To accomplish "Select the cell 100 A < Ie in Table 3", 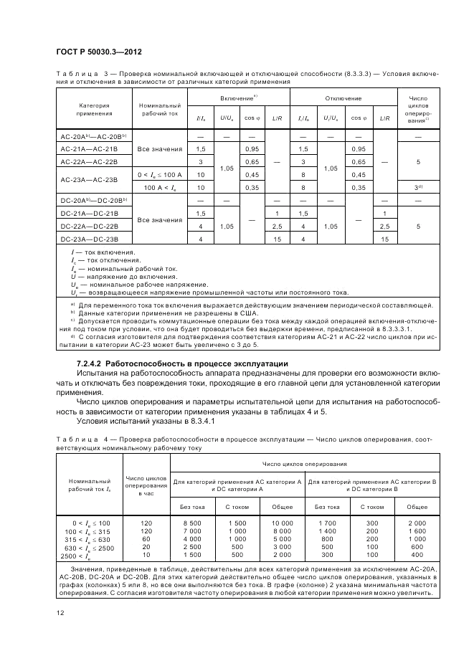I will pyautogui.click(x=160, y=187).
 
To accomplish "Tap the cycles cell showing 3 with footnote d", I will pyautogui.click(x=417, y=188).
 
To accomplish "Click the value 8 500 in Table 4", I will pyautogui.click(x=193, y=524).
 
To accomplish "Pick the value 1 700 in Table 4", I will pyautogui.click(x=327, y=524).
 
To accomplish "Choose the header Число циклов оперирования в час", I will pyautogui.click(x=146, y=485).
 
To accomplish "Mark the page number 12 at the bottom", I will pyautogui.click(x=59, y=611).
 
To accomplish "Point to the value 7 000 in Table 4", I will pyautogui.click(x=193, y=531).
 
